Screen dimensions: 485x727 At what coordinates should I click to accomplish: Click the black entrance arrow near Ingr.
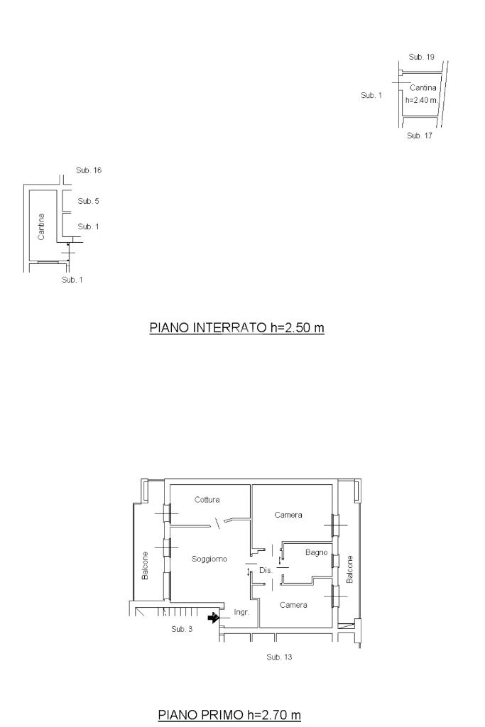(213, 618)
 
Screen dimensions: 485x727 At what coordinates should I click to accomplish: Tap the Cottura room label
(207, 500)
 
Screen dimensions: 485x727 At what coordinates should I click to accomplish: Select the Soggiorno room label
(209, 559)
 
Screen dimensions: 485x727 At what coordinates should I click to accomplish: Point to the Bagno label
(316, 552)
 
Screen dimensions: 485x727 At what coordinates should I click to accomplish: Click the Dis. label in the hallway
(266, 571)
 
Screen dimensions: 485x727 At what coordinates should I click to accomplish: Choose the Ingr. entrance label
(241, 613)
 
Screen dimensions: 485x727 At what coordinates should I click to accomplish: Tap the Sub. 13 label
(279, 657)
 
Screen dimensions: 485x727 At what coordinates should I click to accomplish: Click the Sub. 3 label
(182, 629)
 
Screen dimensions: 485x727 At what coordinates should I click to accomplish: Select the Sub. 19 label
(422, 57)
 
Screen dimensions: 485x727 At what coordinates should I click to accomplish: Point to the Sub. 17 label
(420, 136)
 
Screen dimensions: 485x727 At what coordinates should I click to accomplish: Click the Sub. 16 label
(89, 170)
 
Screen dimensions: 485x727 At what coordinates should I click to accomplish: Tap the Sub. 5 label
(88, 201)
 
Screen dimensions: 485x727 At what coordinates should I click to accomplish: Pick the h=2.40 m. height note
(422, 100)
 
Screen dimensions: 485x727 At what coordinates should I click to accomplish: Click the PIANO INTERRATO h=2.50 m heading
(236, 328)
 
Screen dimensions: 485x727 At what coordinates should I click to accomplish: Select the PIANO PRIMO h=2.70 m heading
(229, 715)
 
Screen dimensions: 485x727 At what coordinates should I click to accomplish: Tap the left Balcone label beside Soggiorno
(145, 566)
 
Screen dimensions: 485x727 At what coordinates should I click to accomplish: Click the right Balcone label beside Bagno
(350, 569)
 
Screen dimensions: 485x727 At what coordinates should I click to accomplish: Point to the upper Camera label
(288, 515)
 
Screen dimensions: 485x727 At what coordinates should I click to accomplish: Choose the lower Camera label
(293, 605)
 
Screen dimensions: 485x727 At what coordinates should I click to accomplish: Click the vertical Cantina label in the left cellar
(41, 226)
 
